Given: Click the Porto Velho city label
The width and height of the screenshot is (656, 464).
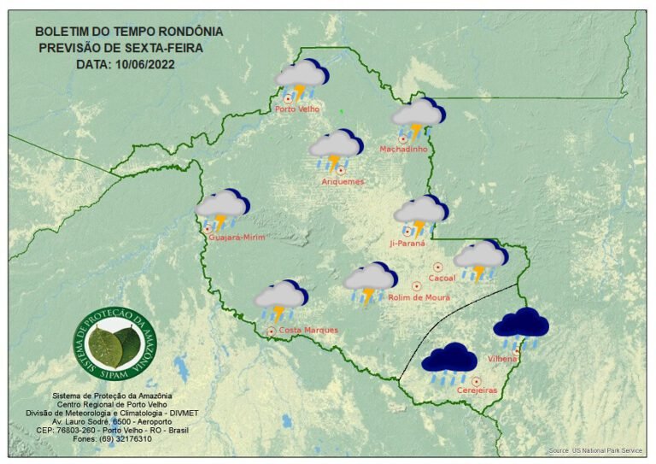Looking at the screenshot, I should (x=296, y=109).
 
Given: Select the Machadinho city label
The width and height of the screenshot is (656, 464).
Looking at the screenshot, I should (x=403, y=150).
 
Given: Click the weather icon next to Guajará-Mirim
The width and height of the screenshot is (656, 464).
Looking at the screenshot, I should (x=221, y=209).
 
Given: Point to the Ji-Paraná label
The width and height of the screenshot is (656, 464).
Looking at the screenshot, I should (x=407, y=244).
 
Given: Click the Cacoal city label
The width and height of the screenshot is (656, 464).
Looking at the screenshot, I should (x=442, y=278).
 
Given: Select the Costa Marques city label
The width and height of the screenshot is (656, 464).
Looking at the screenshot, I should (x=308, y=330).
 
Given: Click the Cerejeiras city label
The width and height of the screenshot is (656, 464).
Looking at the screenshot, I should (x=477, y=391).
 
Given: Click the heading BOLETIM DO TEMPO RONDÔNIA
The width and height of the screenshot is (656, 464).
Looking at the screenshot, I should (x=129, y=32).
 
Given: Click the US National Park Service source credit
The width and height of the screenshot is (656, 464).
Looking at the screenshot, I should (x=594, y=450).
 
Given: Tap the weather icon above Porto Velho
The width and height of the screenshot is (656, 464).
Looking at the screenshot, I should (x=302, y=79).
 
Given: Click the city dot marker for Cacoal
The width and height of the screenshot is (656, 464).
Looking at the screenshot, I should (x=438, y=267).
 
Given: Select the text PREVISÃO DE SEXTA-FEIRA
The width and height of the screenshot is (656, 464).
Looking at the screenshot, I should (x=120, y=48).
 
